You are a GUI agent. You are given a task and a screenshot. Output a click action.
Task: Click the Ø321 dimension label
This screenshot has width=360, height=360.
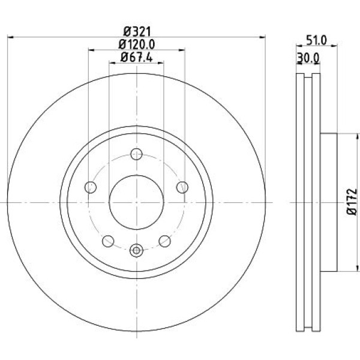pyautogui.click(x=136, y=29)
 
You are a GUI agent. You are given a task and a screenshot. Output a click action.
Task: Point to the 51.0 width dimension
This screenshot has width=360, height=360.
pyautogui.click(x=316, y=41)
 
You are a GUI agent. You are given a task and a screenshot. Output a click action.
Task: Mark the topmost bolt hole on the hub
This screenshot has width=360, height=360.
pyautogui.click(x=136, y=154)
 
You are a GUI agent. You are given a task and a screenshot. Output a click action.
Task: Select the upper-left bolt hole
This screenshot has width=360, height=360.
pyautogui.click(x=91, y=187)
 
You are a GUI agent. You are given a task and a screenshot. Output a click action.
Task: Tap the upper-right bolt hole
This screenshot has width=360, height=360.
pyautogui.click(x=182, y=187)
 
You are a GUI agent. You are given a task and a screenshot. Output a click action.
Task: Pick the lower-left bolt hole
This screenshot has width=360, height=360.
pyautogui.click(x=109, y=241)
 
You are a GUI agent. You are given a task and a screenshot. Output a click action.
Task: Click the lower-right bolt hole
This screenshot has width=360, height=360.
pyautogui.click(x=164, y=241)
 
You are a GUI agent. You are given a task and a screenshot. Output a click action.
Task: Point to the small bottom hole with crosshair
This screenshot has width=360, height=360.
pyautogui.click(x=136, y=250)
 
